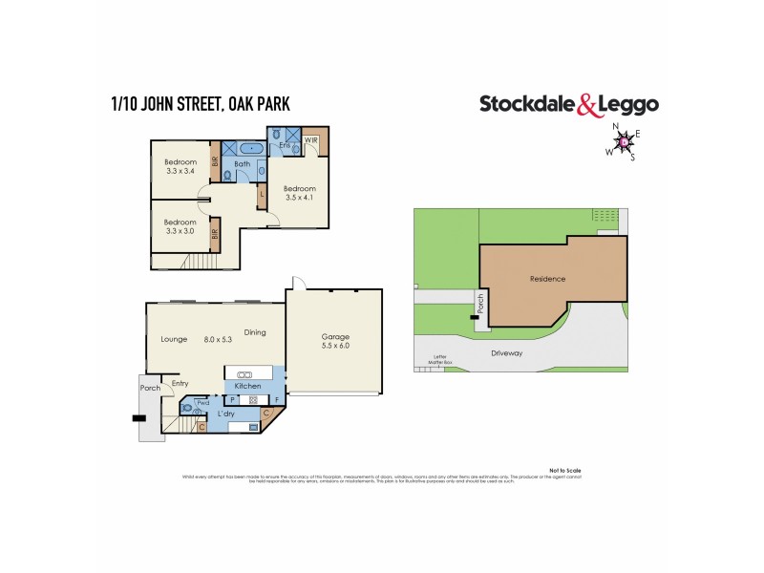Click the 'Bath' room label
[243, 165]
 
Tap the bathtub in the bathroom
[250, 148]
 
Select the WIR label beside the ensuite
[310, 140]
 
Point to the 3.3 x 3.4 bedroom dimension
[180, 172]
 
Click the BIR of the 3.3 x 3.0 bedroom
[216, 232]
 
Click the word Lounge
[174, 339]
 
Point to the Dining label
[254, 332]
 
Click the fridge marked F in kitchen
[277, 399]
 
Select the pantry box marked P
[232, 399]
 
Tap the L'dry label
[226, 414]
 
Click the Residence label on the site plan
[547, 279]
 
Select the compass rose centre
[624, 142]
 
